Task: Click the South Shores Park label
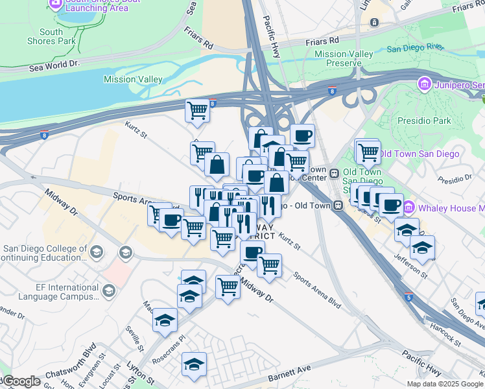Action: (x=51, y=36)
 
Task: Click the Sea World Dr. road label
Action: (x=54, y=65)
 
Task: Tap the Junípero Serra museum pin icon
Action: (x=425, y=84)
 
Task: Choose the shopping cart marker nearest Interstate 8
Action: (x=197, y=110)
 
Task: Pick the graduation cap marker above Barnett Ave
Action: (x=194, y=365)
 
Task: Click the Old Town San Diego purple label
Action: (x=419, y=154)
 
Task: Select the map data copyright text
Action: (x=445, y=383)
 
